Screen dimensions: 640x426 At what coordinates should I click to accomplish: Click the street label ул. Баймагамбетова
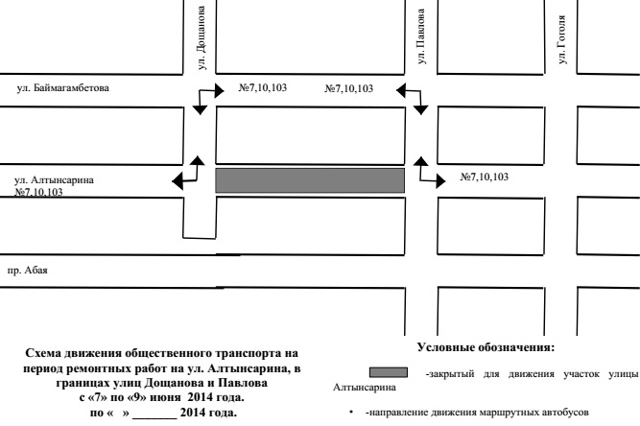pyautogui.click(x=63, y=88)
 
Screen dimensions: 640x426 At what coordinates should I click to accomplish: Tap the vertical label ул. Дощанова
pyautogui.click(x=201, y=37)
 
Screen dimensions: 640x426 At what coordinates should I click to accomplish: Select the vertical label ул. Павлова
pyautogui.click(x=421, y=36)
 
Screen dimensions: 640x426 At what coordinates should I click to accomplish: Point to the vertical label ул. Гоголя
pyautogui.click(x=562, y=39)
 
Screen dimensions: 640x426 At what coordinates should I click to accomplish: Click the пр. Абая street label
pyautogui.click(x=28, y=271)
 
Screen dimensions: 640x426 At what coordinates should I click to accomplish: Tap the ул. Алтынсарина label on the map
pyautogui.click(x=54, y=180)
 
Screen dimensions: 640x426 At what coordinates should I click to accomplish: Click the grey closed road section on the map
pyautogui.click(x=310, y=180)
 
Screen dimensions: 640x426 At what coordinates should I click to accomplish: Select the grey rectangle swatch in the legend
pyautogui.click(x=389, y=372)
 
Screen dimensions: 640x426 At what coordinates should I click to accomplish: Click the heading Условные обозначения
pyautogui.click(x=486, y=347)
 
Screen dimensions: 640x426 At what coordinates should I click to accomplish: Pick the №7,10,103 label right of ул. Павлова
pyautogui.click(x=485, y=177)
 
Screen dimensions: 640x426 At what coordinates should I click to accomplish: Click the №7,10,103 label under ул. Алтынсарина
pyautogui.click(x=38, y=192)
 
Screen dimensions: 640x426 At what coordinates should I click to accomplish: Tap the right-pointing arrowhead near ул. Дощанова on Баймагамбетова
pyautogui.click(x=220, y=90)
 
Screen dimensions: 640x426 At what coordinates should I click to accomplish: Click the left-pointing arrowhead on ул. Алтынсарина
pyautogui.click(x=178, y=181)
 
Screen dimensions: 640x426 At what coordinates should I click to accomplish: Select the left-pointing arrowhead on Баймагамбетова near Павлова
pyautogui.click(x=401, y=90)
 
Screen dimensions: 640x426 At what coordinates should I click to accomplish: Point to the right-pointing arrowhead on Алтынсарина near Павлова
pyautogui.click(x=440, y=180)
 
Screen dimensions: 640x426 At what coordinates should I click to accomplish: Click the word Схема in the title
pyautogui.click(x=44, y=353)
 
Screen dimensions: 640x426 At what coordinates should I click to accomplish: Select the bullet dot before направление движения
pyautogui.click(x=351, y=413)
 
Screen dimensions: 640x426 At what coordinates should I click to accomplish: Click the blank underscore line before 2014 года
pyautogui.click(x=154, y=417)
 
